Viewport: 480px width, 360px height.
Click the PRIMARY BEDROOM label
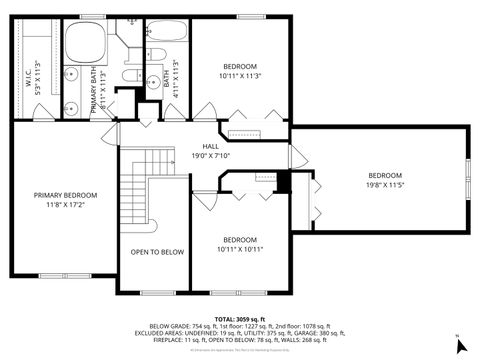point(65,195)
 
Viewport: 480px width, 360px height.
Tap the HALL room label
point(210,146)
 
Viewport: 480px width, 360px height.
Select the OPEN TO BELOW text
point(158,252)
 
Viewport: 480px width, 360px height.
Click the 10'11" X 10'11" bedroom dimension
point(240,249)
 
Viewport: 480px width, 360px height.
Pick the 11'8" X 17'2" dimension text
point(65,205)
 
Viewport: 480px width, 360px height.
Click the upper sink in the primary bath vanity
point(73,74)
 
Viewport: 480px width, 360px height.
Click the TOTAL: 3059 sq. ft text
point(240,317)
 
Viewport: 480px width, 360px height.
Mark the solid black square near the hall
point(284,182)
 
